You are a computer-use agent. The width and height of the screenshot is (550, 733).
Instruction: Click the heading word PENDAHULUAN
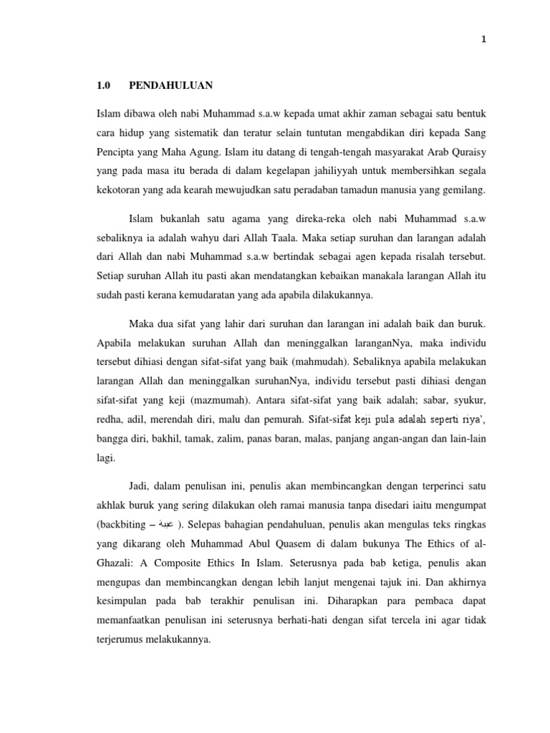coord(170,86)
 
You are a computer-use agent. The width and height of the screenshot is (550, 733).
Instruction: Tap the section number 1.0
coord(103,86)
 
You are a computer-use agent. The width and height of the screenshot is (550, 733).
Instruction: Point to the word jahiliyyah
coord(312,171)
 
